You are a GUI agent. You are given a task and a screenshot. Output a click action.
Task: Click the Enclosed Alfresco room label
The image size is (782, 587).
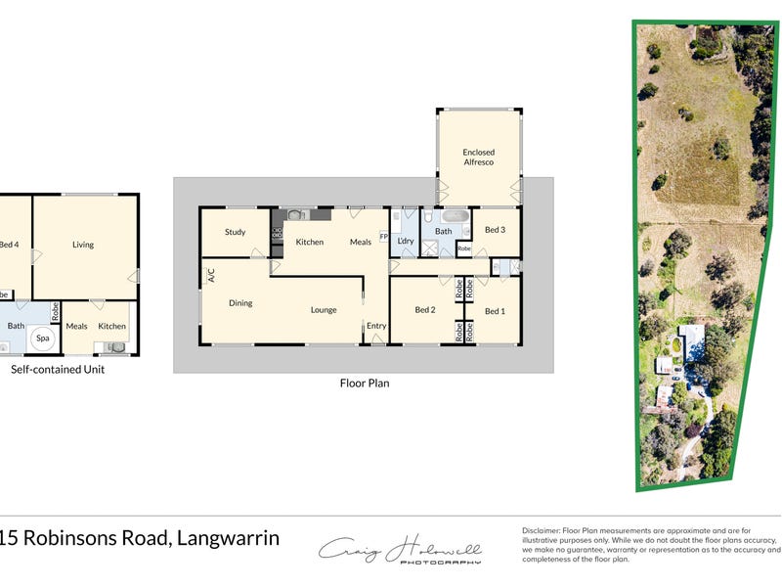coord(479,157)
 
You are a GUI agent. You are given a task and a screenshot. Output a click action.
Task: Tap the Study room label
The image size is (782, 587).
coord(235,232)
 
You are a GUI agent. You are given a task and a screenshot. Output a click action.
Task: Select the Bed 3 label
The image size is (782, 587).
coord(496,230)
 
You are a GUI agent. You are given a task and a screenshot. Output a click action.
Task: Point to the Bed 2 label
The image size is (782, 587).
coord(424,310)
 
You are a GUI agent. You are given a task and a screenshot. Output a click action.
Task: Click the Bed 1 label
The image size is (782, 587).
coord(496,311)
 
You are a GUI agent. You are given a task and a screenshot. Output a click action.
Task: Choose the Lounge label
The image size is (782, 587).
coord(324,310)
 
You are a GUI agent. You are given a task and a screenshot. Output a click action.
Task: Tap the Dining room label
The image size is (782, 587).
coord(240,303)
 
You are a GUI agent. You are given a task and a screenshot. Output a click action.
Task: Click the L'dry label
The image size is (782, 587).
coord(406,241)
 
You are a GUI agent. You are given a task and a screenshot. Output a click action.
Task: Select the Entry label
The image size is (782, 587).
coord(376,326)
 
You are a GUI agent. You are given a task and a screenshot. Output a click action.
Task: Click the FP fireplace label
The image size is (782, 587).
coord(384,237)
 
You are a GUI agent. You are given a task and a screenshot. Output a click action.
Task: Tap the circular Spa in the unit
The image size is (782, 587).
coord(42,339)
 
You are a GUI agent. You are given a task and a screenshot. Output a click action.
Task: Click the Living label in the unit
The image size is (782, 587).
coord(83,245)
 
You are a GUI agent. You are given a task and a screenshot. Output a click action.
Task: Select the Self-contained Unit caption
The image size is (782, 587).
coord(58,370)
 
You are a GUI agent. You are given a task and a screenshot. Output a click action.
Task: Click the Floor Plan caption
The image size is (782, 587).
coord(365,384)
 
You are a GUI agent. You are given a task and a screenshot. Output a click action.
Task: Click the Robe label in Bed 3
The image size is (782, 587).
coord(464,249)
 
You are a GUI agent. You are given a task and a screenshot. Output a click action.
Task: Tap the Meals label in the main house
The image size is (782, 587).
coord(361,242)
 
